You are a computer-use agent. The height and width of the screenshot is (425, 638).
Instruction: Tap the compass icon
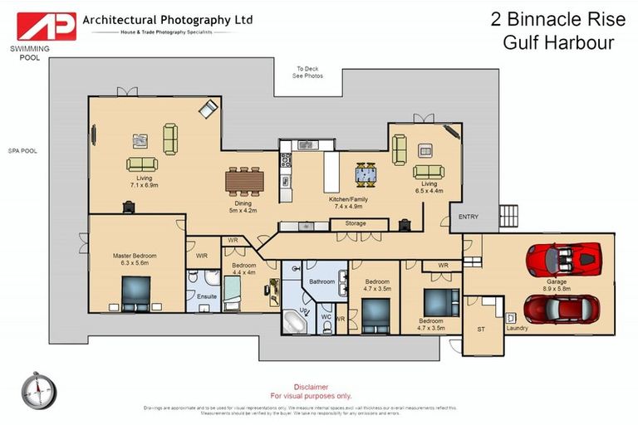39,390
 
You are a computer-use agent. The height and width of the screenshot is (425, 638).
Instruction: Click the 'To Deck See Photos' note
307,72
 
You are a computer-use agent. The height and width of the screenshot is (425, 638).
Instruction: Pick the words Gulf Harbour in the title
558,42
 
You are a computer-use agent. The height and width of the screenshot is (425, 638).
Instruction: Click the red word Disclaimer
312,387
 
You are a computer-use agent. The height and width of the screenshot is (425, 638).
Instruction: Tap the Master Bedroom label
134,260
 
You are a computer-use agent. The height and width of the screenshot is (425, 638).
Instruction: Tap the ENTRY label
469,217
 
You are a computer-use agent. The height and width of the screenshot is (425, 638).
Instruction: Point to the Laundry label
517,328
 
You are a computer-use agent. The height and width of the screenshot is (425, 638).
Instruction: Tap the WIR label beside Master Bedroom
202,256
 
